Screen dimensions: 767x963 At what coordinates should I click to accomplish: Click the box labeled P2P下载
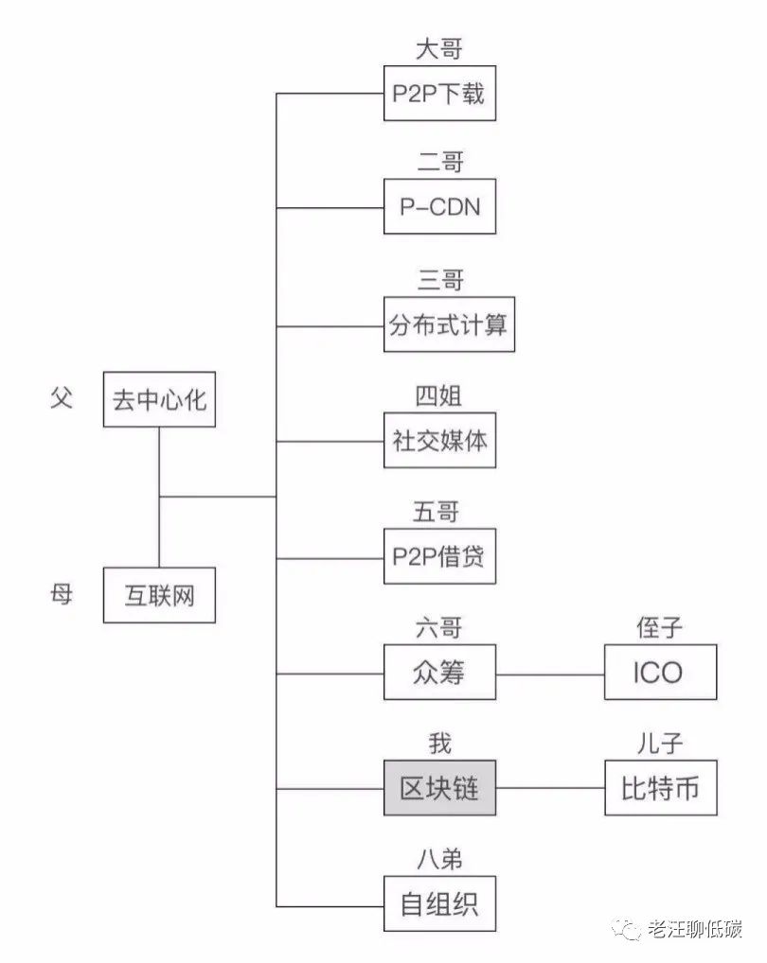(439, 94)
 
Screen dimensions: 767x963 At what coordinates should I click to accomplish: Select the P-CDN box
(439, 206)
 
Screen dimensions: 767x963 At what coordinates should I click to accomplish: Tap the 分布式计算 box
(449, 324)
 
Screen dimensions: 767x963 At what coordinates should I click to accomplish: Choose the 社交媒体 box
(439, 441)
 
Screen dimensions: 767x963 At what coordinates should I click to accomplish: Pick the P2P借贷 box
(439, 556)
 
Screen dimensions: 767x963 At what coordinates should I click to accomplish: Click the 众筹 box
(439, 672)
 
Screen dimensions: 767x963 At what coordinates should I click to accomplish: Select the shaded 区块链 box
(439, 788)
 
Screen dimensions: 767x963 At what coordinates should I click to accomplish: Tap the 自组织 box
(439, 904)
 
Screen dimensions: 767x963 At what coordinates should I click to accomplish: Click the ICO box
(660, 672)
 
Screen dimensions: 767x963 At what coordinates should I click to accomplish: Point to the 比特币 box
(660, 788)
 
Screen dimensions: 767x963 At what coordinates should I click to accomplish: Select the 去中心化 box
(159, 399)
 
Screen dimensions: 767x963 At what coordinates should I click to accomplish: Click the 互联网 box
(159, 595)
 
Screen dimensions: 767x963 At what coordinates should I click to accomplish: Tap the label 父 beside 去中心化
(62, 398)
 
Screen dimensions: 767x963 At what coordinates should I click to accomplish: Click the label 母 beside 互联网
(62, 594)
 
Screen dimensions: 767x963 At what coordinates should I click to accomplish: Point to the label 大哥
(438, 49)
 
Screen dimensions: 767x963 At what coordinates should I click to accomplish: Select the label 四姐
(438, 396)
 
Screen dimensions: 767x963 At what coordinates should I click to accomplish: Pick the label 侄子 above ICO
(659, 628)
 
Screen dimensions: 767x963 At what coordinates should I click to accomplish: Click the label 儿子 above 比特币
(659, 744)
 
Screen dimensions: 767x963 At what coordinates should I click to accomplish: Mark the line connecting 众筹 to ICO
(550, 674)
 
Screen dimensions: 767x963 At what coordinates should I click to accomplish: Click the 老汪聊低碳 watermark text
(694, 929)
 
